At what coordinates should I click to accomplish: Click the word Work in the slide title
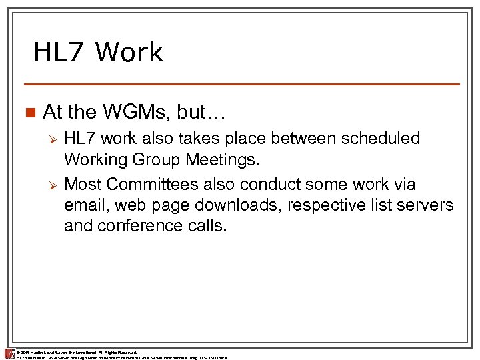click(x=129, y=52)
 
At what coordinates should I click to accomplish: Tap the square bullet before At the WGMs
click(x=29, y=112)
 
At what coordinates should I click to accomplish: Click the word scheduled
click(x=382, y=139)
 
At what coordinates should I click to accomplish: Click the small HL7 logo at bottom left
click(x=9, y=353)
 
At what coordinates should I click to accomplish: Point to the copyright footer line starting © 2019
click(x=76, y=351)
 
